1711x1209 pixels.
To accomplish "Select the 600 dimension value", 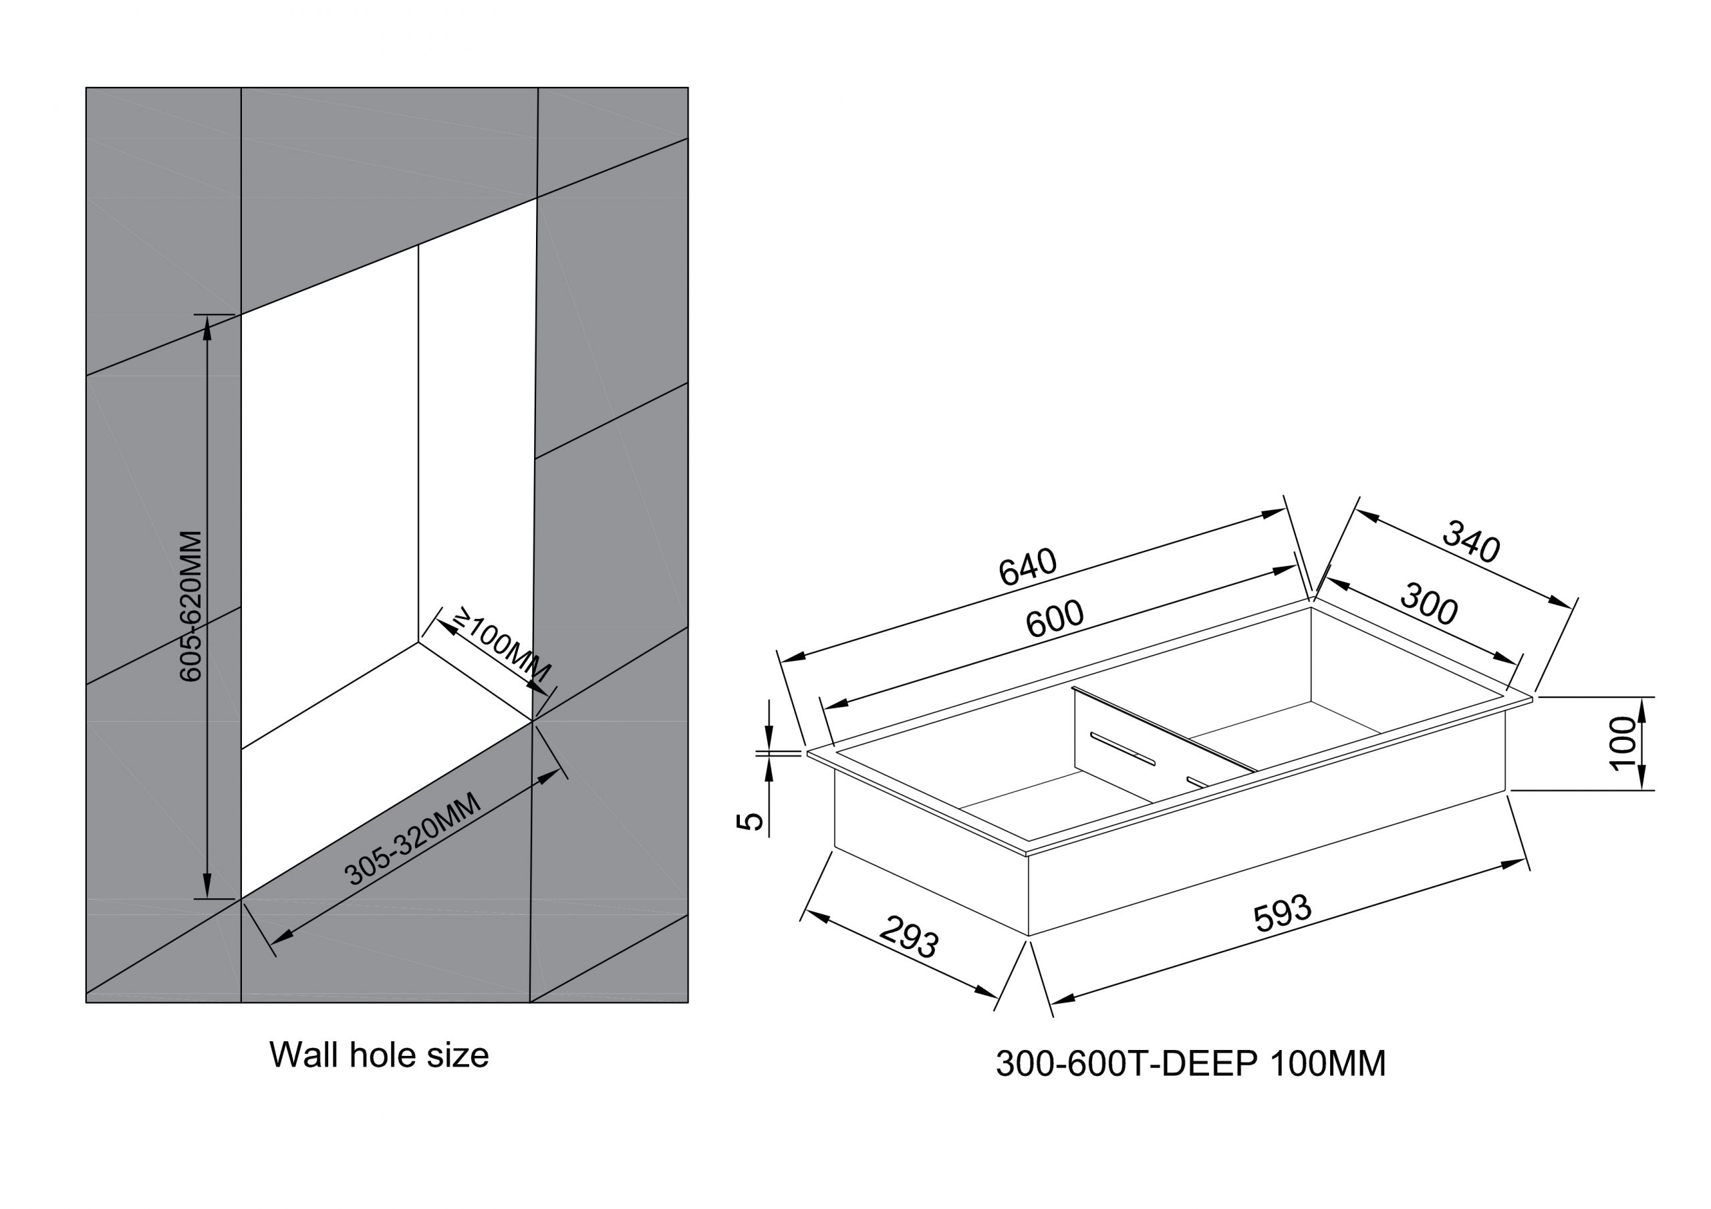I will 1055,619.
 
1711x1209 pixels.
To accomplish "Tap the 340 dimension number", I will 1470,542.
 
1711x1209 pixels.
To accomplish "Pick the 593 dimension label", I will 1282,913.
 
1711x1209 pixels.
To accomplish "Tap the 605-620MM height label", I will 190,606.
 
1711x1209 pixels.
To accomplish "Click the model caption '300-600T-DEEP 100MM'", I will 1190,1064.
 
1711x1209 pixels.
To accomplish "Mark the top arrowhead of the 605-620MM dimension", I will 207,328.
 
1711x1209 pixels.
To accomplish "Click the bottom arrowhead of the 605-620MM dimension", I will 207,887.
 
